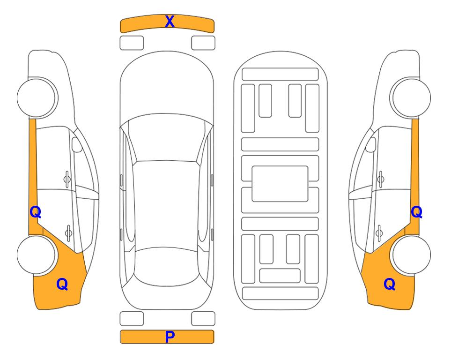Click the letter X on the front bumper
pos(170,22)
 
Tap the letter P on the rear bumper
pos(170,337)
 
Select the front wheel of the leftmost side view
pos(37,98)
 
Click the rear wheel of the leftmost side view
pos(37,255)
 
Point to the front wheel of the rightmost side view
pos(411,98)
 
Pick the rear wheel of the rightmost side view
pos(411,255)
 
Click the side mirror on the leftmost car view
pos(77,144)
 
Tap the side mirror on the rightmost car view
pos(371,144)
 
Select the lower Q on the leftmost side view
pos(62,284)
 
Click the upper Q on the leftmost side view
pos(36,212)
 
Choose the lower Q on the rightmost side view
pos(390,284)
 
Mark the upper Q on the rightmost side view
pos(416,212)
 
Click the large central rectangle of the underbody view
pos(280,184)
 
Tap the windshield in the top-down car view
pos(167,138)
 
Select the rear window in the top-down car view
pos(167,266)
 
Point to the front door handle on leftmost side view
pos(67,180)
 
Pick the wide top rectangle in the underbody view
pos(280,75)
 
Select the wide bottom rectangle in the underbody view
pos(281,293)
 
